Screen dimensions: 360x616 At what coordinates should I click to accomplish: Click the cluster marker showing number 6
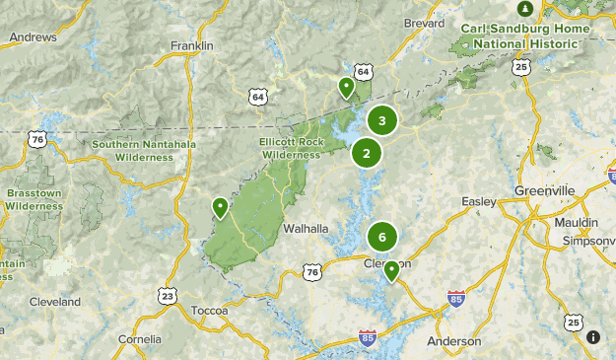tap(382, 237)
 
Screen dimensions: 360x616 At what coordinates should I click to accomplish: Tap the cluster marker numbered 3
tap(382, 120)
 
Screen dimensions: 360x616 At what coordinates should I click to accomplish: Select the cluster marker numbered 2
tap(367, 153)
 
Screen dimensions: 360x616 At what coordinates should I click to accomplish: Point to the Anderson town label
tap(454, 341)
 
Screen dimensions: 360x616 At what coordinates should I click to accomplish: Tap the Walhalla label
tap(306, 228)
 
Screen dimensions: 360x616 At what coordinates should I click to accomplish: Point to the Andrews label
tap(33, 37)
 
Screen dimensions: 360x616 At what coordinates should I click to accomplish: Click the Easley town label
tap(479, 202)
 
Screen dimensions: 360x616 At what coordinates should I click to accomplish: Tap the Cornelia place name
tap(140, 339)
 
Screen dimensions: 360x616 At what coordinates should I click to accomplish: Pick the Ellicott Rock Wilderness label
tap(291, 148)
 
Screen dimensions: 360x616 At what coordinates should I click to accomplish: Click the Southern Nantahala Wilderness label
tap(144, 150)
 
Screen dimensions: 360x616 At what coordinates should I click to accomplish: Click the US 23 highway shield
tap(168, 295)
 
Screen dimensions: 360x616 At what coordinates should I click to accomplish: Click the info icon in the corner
tap(592, 337)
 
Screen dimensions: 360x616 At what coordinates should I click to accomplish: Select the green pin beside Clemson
tap(391, 270)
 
